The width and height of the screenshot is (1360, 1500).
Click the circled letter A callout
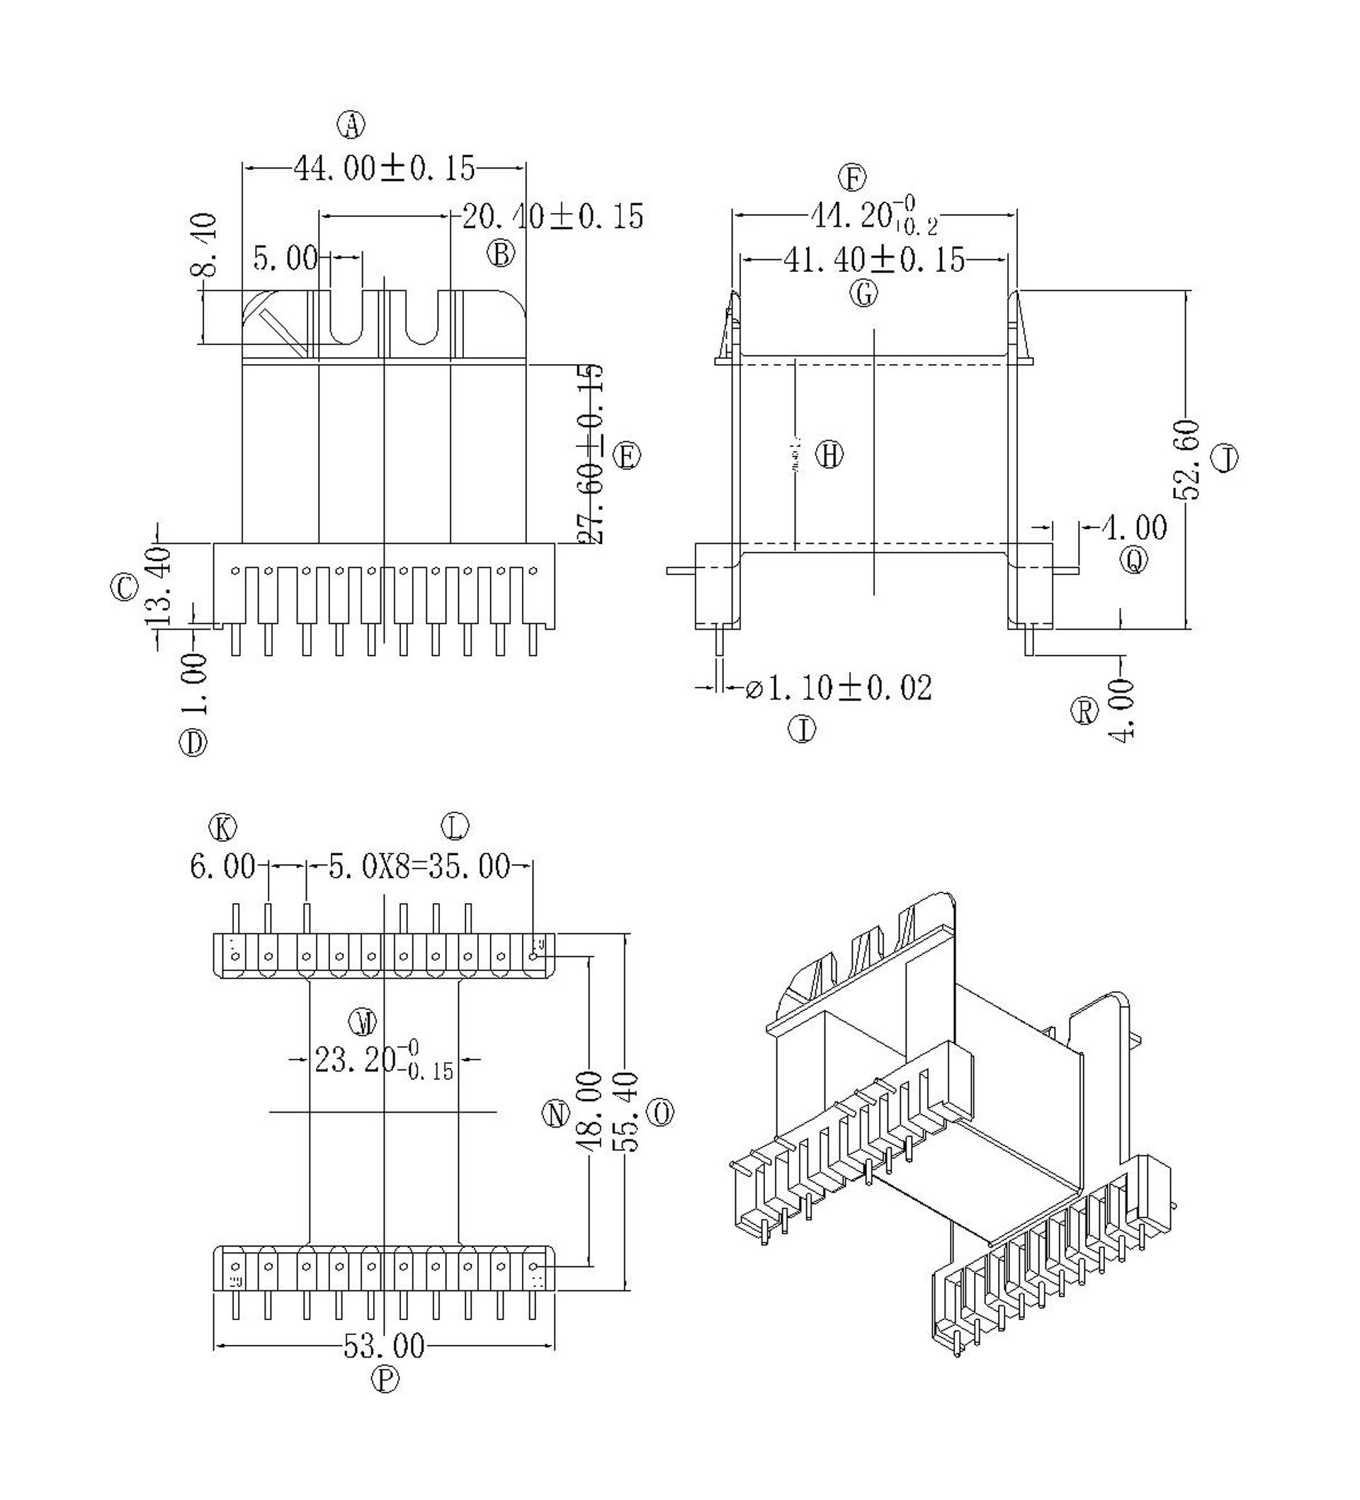click(351, 124)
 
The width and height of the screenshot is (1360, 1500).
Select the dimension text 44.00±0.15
click(384, 169)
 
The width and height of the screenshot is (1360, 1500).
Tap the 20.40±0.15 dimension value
click(552, 217)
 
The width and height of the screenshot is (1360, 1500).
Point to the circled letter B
click(501, 254)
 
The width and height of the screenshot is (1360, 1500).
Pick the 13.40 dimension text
click(161, 587)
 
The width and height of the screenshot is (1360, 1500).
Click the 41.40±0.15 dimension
click(873, 260)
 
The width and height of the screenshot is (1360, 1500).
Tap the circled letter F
click(853, 178)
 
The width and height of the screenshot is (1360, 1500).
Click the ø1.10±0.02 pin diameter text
click(839, 688)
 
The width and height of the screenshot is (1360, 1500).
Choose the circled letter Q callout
click(1134, 560)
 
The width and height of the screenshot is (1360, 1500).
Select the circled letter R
click(1084, 711)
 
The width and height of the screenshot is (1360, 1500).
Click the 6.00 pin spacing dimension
click(222, 867)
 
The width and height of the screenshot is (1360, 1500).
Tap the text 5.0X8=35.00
click(419, 867)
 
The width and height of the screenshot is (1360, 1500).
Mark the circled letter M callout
click(364, 1023)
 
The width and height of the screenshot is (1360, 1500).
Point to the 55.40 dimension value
click(627, 1112)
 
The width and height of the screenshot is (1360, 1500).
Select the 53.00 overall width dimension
click(384, 1345)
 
